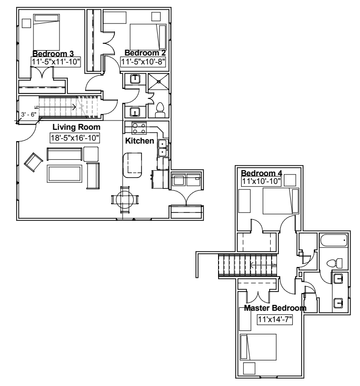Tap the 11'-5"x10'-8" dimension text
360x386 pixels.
click(x=143, y=62)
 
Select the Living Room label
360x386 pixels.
click(x=73, y=127)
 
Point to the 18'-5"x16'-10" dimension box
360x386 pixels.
click(x=75, y=138)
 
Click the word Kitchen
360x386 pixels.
click(x=140, y=141)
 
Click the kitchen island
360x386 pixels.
click(x=132, y=165)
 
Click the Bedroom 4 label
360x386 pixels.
click(x=260, y=173)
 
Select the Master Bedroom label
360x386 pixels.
click(x=275, y=308)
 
